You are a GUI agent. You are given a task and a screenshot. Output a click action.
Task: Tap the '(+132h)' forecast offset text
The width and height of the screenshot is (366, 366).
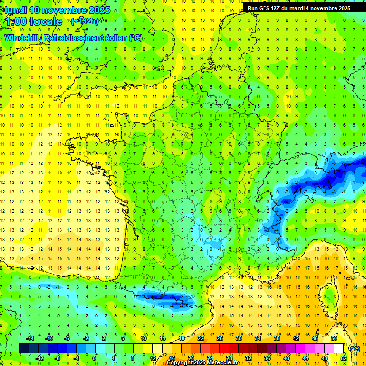84,21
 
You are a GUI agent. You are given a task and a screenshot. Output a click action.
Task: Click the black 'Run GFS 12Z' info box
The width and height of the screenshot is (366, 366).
299,8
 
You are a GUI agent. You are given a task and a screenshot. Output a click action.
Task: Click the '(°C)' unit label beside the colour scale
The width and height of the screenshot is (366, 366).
354,348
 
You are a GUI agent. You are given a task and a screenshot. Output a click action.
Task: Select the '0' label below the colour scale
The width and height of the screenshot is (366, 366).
94,358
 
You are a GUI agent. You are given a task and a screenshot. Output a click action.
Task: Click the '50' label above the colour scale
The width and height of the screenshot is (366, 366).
334,338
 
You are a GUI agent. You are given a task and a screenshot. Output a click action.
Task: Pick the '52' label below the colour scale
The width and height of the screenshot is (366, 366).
343,358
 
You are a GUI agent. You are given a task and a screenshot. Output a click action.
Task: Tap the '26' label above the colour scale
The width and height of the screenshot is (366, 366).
219,338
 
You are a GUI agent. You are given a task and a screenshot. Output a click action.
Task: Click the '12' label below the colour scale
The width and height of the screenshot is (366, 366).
152,358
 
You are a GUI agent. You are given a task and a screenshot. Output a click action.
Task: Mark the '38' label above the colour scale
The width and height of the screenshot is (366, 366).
276,338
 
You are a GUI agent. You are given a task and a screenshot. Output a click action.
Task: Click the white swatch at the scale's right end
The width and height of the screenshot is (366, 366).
338,348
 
